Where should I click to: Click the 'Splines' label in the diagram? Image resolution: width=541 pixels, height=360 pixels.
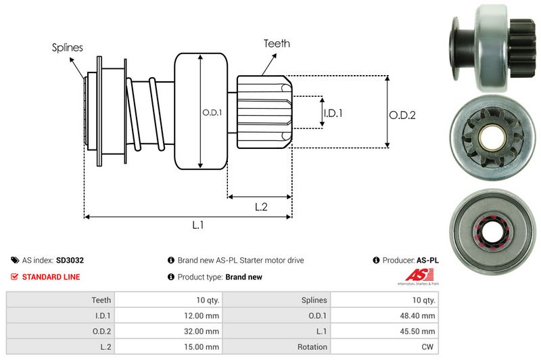pyautogui.click(x=68, y=48)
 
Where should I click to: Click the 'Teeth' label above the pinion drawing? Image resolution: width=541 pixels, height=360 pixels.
pyautogui.click(x=277, y=43)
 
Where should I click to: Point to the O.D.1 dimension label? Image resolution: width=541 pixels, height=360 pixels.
pyautogui.click(x=212, y=112)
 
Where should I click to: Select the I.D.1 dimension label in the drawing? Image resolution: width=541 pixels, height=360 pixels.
pyautogui.click(x=333, y=113)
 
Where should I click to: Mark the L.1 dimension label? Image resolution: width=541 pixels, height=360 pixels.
pyautogui.click(x=198, y=226)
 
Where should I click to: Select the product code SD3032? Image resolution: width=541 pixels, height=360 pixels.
pyautogui.click(x=70, y=260)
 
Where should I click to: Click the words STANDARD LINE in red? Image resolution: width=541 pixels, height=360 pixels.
pyautogui.click(x=51, y=277)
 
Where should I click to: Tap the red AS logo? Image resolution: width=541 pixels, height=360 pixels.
pyautogui.click(x=415, y=275)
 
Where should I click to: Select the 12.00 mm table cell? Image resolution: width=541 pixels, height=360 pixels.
pyautogui.click(x=203, y=315)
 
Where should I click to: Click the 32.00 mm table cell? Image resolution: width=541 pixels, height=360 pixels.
pyautogui.click(x=203, y=331)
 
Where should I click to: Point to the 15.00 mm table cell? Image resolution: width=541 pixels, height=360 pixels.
pyautogui.click(x=203, y=346)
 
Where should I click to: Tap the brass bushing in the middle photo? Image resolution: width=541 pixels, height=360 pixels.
pyautogui.click(x=488, y=139)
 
